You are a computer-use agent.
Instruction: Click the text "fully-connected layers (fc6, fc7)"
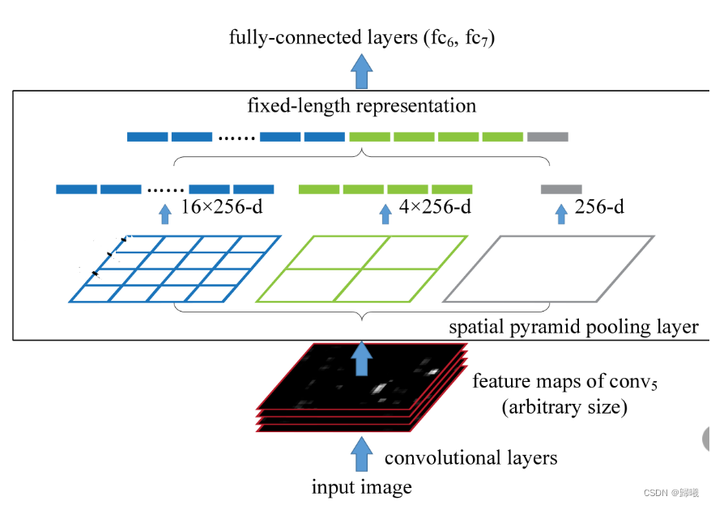pyautogui.click(x=361, y=38)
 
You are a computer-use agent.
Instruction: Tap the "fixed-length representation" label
pyautogui.click(x=361, y=106)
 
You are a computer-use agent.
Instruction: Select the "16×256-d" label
pyautogui.click(x=220, y=208)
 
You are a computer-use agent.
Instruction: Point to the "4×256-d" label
pyautogui.click(x=435, y=208)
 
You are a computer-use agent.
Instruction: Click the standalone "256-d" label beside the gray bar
pyautogui.click(x=599, y=208)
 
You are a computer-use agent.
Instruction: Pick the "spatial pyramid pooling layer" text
pyautogui.click(x=573, y=327)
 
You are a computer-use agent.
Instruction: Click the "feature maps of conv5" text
pyautogui.click(x=564, y=381)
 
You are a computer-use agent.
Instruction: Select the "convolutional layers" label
pyautogui.click(x=470, y=458)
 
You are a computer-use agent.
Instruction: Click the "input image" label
pyautogui.click(x=361, y=487)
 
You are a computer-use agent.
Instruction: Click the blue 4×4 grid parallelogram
pyautogui.click(x=175, y=269)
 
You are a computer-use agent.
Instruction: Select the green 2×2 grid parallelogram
pyautogui.click(x=362, y=269)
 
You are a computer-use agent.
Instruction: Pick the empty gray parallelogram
pyautogui.click(x=549, y=269)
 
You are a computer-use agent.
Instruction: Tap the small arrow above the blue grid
pyautogui.click(x=165, y=214)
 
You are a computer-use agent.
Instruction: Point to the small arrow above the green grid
pyautogui.click(x=385, y=214)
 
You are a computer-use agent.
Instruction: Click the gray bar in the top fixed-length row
pyautogui.click(x=547, y=137)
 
